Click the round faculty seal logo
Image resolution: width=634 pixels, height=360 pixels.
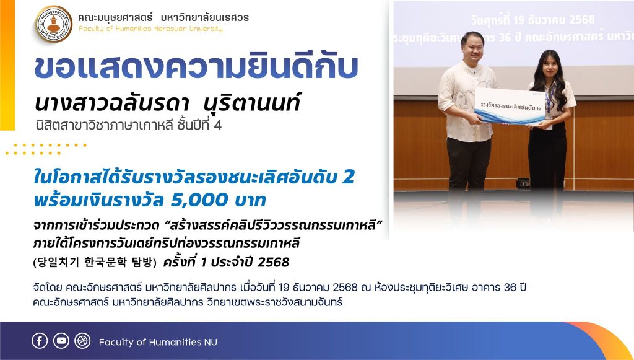coord(54,24)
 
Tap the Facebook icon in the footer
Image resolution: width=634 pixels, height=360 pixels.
coord(40,341)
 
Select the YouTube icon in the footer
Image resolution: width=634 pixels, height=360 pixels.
coord(61,341)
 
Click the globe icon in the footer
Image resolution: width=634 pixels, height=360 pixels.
coord(82,341)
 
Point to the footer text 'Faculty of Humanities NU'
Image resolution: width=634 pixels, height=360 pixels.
coord(158,342)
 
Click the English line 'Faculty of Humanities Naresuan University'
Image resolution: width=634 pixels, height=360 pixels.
coord(150,29)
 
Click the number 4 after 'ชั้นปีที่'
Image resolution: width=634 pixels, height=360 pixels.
coord(217,125)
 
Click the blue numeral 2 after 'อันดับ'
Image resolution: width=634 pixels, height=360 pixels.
coord(348,177)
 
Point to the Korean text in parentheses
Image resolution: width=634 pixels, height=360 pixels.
coord(95,263)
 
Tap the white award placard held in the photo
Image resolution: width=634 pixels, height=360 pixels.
coord(510,106)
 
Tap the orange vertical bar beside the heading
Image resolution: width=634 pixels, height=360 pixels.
coord(7,65)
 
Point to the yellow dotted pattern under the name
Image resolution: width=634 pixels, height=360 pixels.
coord(46,149)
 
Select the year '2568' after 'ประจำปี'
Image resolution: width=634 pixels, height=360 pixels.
coord(273,263)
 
